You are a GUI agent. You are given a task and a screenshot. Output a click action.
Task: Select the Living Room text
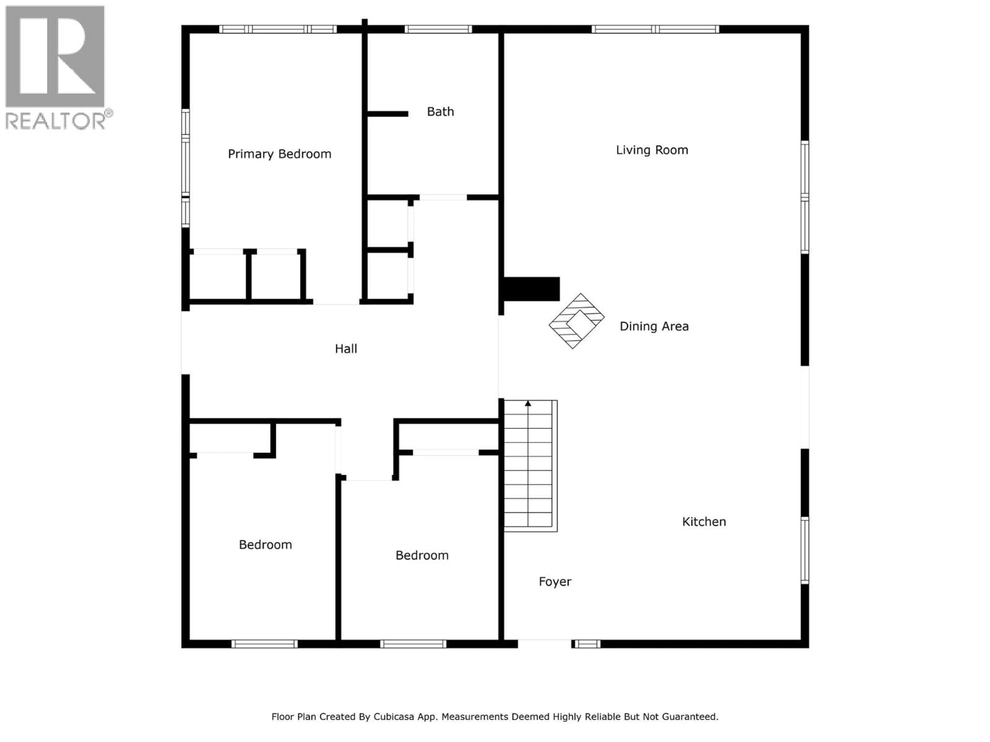(652, 150)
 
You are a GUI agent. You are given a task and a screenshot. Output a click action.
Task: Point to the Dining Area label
(654, 326)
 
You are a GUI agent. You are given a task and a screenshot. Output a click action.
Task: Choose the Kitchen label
(704, 521)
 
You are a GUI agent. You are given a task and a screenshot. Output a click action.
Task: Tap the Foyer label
(555, 581)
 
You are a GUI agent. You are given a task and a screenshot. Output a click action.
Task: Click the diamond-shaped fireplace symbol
(576, 321)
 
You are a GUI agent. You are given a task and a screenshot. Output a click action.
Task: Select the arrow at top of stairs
(528, 403)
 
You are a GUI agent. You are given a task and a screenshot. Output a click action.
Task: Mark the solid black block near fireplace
(531, 289)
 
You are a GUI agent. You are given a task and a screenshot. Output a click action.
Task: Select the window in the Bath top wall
(438, 29)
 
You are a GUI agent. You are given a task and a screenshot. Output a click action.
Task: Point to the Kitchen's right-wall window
(804, 550)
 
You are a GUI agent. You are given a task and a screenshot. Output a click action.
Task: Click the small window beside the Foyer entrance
(587, 644)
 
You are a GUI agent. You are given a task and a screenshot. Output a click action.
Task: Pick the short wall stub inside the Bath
(387, 114)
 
